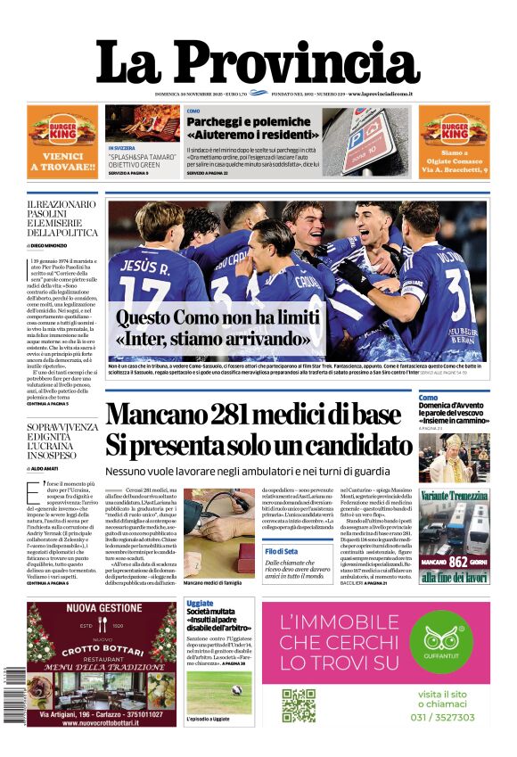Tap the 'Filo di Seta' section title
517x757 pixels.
pos(281,552)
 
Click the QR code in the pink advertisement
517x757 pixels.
pos(299,704)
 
